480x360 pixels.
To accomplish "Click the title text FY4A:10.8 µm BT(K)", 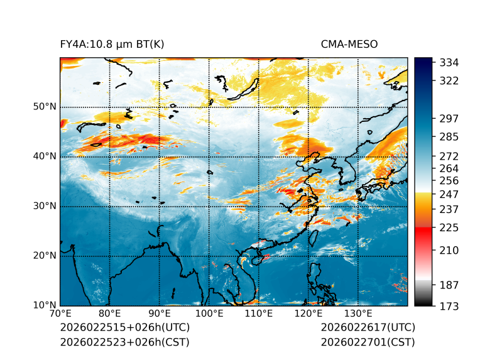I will pos(112,45).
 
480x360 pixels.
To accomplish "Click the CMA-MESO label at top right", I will pos(349,45).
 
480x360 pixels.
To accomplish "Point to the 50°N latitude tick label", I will pos(45,107).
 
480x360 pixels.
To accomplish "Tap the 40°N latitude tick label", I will pos(45,156).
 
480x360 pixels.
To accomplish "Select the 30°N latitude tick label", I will pos(45,206).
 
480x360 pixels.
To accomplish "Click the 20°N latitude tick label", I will pos(45,256).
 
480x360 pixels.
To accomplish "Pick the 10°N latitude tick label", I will pos(45,305).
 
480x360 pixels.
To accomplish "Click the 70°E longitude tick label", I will pos(60,314).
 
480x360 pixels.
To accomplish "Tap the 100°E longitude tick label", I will pos(209,314).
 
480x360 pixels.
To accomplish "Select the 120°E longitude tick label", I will pos(308,314).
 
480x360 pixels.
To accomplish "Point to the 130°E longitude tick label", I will pos(358,314).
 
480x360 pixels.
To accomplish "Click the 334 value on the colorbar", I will pos(449,63).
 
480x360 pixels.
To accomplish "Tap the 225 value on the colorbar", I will pos(449,227).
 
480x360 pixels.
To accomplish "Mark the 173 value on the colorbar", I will pos(449,306).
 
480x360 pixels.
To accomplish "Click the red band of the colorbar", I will pos(423,232).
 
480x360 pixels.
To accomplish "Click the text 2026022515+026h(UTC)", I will pos(124,328).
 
